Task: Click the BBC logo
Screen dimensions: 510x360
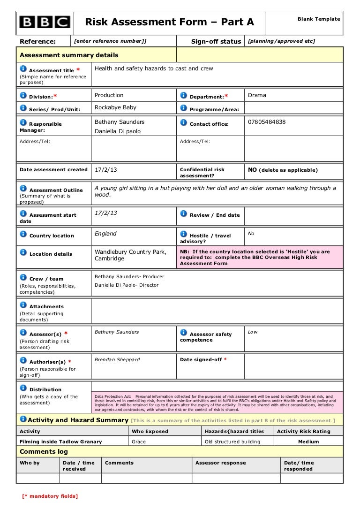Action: point(45,22)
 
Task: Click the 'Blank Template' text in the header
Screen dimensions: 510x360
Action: point(319,19)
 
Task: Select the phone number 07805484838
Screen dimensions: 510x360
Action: point(267,122)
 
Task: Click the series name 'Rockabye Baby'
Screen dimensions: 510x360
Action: point(115,107)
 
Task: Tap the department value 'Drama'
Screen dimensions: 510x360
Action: point(257,95)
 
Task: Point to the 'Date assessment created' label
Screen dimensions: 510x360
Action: point(53,170)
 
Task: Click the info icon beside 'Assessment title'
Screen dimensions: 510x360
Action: point(23,69)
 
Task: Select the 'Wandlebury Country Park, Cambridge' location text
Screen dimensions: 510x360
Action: point(130,255)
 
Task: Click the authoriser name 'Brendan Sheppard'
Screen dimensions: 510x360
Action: point(117,360)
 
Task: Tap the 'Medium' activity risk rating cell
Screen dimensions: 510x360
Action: point(308,441)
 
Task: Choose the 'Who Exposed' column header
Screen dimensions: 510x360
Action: point(150,431)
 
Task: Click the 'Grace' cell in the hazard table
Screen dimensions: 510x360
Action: point(139,441)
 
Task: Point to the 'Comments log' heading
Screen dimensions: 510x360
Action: point(44,452)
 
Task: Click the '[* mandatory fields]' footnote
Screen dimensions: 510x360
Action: point(50,496)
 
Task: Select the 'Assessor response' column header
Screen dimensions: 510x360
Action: point(220,463)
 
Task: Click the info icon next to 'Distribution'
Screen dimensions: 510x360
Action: point(23,388)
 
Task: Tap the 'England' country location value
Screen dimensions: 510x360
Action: point(105,234)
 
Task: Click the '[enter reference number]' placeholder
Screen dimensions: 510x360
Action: point(110,41)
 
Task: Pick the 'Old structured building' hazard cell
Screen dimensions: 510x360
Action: point(232,441)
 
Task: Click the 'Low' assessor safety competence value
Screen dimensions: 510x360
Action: point(253,332)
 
